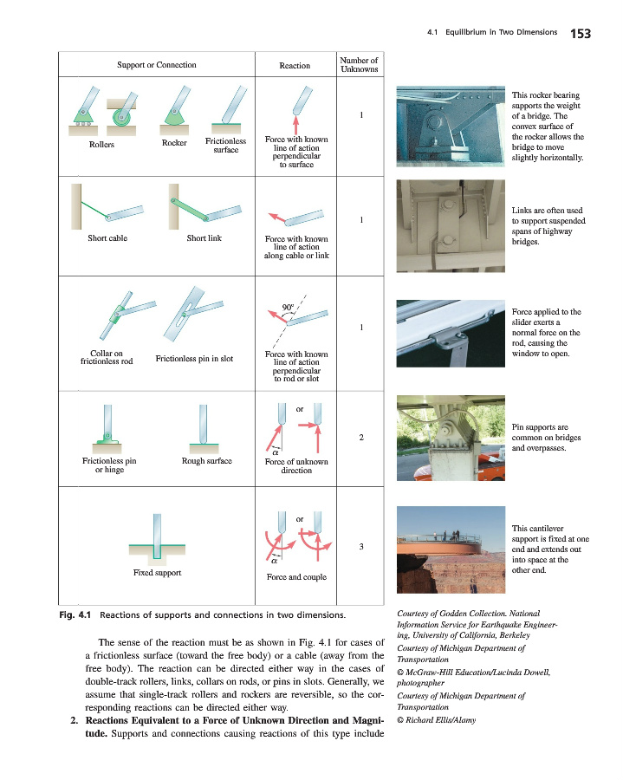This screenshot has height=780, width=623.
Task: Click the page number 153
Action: (580, 34)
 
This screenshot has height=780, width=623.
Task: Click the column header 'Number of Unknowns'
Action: (359, 64)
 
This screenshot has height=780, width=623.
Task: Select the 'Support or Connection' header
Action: (156, 65)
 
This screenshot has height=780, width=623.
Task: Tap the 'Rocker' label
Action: (174, 143)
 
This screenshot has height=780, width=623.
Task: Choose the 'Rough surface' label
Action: (206, 461)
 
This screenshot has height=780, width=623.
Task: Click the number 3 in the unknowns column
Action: (360, 545)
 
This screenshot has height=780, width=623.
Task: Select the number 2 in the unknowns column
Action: (360, 436)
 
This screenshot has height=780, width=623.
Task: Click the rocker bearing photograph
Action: (449, 126)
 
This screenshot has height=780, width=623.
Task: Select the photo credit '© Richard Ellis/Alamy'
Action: (438, 718)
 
